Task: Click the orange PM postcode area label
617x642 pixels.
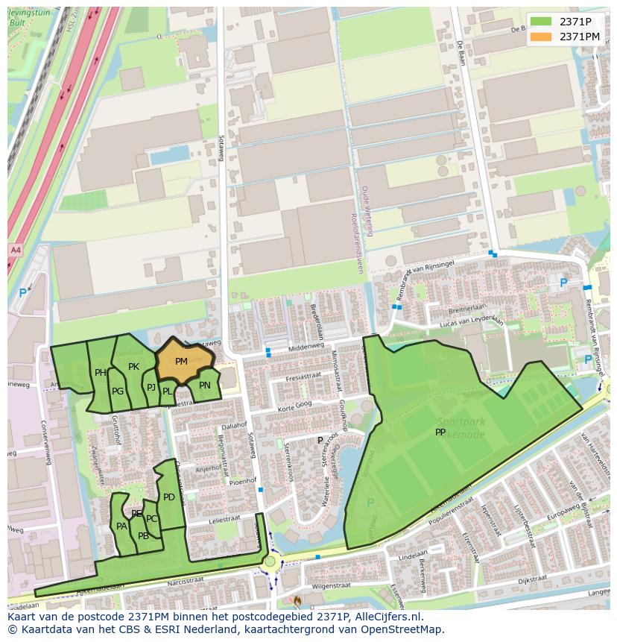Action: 181,362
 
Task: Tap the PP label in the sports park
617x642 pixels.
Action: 440,432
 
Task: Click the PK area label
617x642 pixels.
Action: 133,366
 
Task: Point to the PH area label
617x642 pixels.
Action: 101,373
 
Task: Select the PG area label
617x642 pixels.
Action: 118,391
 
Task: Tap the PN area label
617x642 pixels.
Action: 205,385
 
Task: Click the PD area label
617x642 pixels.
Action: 169,497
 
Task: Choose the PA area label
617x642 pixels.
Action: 121,526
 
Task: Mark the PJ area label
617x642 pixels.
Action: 151,387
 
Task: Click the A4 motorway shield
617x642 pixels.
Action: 16,249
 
